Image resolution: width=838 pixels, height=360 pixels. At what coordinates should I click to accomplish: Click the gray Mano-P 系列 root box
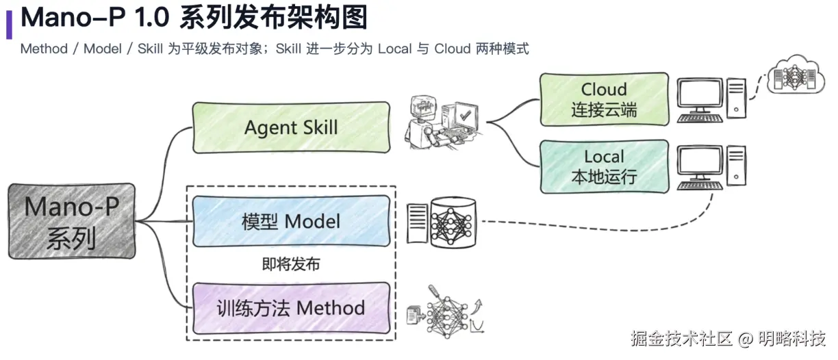72,220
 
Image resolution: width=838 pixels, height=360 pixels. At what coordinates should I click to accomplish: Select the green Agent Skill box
291,127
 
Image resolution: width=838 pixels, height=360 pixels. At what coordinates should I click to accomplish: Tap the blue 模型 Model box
291,221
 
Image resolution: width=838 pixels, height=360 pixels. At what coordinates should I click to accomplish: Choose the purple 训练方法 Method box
291,307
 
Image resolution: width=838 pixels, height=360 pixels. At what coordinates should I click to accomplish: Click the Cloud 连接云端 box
604,99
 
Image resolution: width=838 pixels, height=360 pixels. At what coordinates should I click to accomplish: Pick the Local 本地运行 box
604,166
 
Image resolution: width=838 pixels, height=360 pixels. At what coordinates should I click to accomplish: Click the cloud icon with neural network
793,74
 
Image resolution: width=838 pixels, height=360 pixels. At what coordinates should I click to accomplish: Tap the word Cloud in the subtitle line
452,49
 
